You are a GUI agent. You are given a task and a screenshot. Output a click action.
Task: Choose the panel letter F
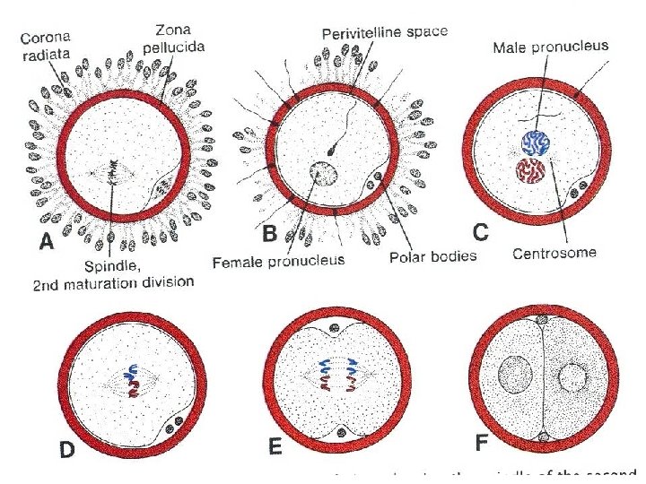(x=483, y=443)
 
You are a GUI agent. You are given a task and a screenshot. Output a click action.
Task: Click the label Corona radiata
(x=48, y=45)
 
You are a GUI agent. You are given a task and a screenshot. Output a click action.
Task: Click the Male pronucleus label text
(x=551, y=46)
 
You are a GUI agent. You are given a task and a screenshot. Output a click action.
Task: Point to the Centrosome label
(x=554, y=254)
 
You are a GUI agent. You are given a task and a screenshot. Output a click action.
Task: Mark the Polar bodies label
(x=434, y=255)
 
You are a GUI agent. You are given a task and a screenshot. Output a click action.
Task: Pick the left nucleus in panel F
(x=518, y=372)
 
